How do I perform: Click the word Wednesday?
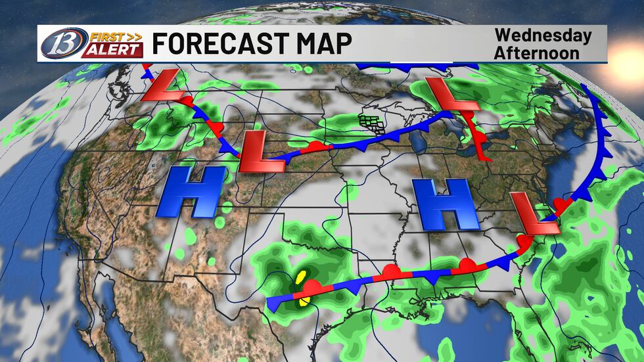point(542,35)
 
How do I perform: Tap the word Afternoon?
point(537,53)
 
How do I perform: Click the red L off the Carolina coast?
point(534,215)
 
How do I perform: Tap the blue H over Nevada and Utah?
point(190,191)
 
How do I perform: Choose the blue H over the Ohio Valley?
point(449,204)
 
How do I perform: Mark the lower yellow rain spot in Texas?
point(304,302)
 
